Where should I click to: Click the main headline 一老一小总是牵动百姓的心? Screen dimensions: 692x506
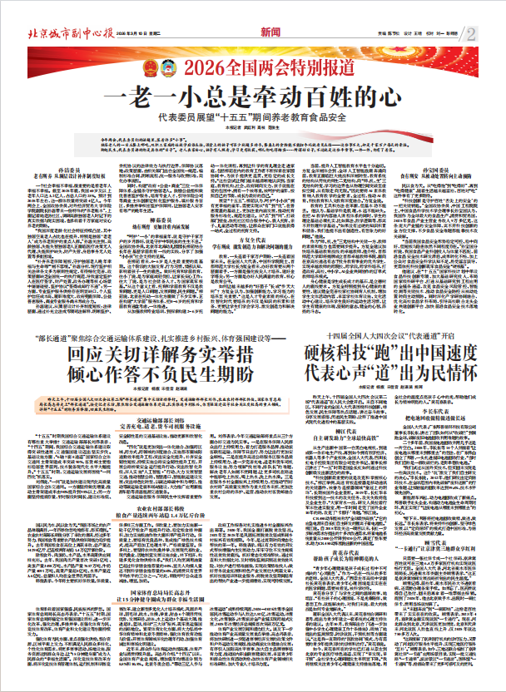(250, 95)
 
